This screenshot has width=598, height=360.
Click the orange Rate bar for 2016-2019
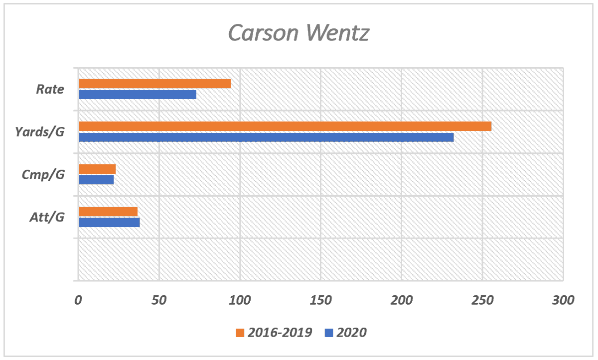(x=154, y=84)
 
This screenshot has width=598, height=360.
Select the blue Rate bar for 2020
(x=138, y=95)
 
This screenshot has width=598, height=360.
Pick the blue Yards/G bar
(x=266, y=137)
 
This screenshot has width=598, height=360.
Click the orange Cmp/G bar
(x=97, y=169)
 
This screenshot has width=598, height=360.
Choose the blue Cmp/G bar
(x=96, y=180)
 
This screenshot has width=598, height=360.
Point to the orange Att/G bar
(x=108, y=212)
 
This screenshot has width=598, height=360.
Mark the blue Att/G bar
(x=109, y=223)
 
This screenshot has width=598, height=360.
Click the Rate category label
(x=50, y=90)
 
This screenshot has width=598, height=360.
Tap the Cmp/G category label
(x=43, y=175)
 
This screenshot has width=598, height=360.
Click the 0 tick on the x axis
(x=78, y=300)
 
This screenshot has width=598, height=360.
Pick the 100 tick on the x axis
(x=240, y=300)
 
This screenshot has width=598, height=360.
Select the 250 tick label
(x=482, y=300)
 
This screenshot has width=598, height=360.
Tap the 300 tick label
(x=563, y=300)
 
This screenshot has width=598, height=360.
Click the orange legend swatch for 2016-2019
(x=240, y=333)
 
